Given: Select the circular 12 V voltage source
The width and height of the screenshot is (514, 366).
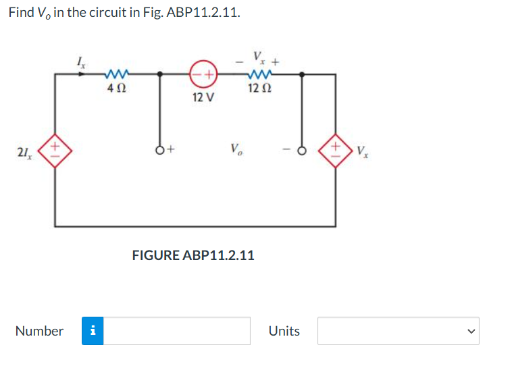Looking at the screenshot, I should coord(202,74).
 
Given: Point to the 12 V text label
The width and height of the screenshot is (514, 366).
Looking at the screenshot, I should coord(203,97).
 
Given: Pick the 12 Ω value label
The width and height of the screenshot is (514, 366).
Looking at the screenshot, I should coord(260,87).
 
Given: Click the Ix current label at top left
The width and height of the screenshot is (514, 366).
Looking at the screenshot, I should coord(81,62).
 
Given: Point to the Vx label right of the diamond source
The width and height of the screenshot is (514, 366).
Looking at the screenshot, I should coord(363,150).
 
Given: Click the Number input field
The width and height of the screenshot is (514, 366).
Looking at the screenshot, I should coord(178,331).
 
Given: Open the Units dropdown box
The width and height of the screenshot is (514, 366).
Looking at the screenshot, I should coord(399,331).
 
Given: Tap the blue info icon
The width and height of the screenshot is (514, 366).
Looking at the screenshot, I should coord(93,331).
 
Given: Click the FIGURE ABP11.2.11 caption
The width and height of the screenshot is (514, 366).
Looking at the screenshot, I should coord(192,255).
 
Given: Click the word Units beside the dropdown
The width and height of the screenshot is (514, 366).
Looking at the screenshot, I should coord(284,331).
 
